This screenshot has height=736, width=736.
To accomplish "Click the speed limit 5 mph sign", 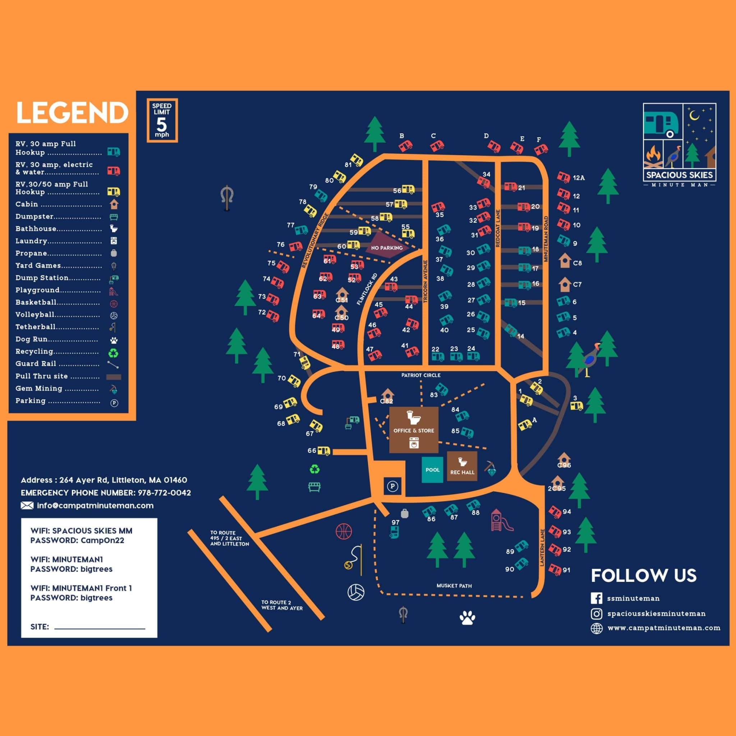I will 162,120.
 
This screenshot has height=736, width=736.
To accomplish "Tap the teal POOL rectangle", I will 432,470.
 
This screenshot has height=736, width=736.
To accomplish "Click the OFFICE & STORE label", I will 414,431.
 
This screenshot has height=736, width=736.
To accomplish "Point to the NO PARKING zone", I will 386,247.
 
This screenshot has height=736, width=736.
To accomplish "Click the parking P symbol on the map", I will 393,486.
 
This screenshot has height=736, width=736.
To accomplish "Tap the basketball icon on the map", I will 344,531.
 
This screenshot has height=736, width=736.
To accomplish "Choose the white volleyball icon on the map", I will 356,592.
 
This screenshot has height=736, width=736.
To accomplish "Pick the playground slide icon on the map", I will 501,520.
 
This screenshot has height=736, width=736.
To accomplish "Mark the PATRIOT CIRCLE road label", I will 421,375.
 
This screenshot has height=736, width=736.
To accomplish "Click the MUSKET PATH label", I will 454,585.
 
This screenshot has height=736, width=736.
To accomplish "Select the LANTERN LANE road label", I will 542,547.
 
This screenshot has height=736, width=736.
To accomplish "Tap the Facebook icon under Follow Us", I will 596,598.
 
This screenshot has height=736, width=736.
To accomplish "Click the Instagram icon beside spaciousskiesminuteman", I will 596,613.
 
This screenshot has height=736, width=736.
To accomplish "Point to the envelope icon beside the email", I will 27,506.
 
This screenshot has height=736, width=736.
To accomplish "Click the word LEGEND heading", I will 72,112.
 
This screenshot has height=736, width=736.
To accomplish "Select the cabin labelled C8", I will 565,261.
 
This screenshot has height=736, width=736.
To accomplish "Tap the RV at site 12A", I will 563,177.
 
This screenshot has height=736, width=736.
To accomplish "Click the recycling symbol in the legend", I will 114,353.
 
